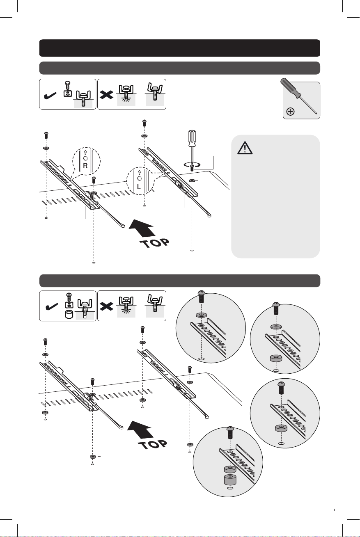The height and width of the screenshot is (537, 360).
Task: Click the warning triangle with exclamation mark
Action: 245,148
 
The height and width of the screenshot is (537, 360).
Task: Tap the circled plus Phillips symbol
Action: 291,112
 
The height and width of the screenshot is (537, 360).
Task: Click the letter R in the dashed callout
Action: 85,165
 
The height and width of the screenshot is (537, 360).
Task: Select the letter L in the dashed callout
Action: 139,186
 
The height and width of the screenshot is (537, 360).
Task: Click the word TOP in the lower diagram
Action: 153,444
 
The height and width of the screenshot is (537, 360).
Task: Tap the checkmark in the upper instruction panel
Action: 50,96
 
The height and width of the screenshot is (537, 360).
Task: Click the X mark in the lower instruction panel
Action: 106,307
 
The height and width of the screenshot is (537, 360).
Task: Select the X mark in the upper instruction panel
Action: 106,96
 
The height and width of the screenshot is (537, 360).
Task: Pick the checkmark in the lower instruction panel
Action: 51,307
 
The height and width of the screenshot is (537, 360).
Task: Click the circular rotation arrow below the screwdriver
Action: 192,164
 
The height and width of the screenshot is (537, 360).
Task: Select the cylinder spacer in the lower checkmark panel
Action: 69,314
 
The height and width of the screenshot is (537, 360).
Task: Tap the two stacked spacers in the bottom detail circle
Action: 230,476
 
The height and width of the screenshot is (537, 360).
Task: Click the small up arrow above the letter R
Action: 85,153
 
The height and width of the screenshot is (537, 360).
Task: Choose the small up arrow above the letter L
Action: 139,172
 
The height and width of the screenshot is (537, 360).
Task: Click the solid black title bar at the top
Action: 180,48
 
